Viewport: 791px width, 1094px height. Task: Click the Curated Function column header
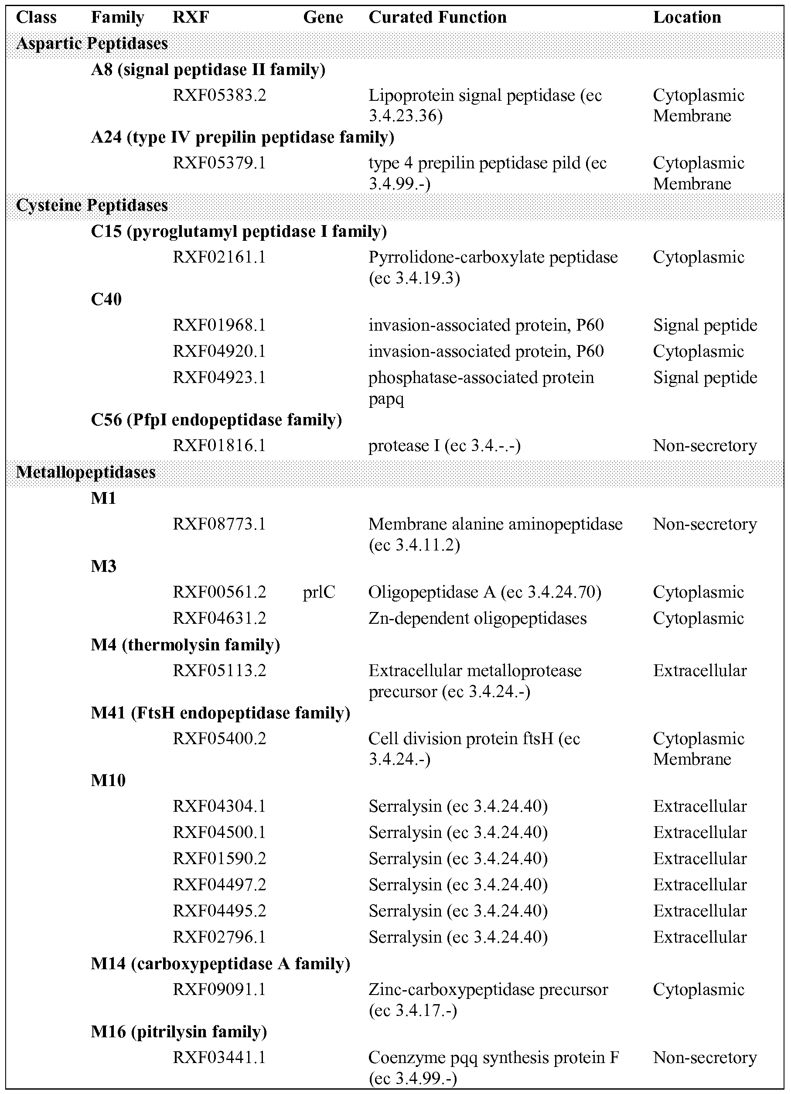click(437, 18)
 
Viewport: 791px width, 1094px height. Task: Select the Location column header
click(687, 18)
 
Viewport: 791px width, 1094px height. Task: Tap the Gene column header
click(323, 18)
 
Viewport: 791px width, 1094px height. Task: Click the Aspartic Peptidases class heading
click(92, 44)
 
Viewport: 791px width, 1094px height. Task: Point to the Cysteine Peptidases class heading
click(92, 205)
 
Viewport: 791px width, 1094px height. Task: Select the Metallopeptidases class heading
click(86, 472)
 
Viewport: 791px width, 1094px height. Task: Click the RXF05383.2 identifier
click(219, 96)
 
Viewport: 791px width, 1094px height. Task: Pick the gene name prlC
click(319, 592)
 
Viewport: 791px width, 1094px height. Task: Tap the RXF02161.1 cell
click(219, 257)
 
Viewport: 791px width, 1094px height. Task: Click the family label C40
click(106, 300)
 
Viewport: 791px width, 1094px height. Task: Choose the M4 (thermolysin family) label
click(185, 644)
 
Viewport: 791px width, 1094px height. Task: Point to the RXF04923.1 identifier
click(219, 377)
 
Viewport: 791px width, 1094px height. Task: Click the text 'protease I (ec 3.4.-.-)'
click(444, 446)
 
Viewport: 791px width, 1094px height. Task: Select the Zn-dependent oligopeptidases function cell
click(477, 619)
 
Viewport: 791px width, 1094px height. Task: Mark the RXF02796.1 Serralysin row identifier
click(219, 937)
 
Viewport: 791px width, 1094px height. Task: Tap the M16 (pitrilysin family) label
click(178, 1031)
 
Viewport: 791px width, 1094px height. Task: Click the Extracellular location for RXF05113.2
click(700, 670)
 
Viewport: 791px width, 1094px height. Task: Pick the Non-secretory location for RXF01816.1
click(705, 446)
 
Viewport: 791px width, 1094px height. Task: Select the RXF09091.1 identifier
click(219, 989)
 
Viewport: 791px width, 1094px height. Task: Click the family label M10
click(108, 780)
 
